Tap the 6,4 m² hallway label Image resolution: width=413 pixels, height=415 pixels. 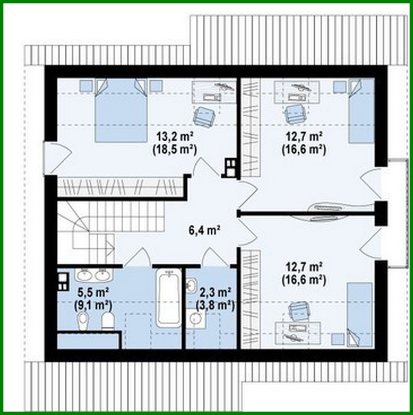pyautogui.click(x=204, y=229)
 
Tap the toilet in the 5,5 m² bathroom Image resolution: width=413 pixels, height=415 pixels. pyautogui.click(x=108, y=321)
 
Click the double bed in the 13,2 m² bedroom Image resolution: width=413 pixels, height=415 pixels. pyautogui.click(x=120, y=110)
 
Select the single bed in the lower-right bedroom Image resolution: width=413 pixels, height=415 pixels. pyautogui.click(x=360, y=314)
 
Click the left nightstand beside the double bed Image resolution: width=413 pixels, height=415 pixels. pyautogui.click(x=87, y=86)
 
